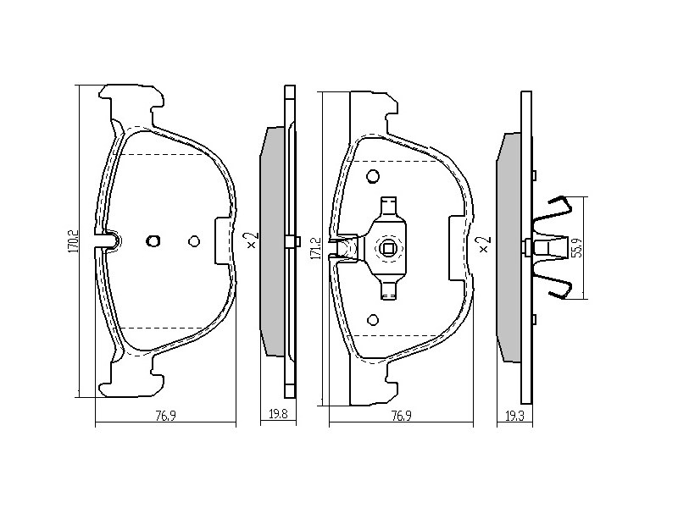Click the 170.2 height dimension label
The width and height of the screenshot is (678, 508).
(x=73, y=241)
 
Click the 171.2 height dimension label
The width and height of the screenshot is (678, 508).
(x=315, y=248)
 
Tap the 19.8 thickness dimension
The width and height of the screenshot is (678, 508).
(x=278, y=415)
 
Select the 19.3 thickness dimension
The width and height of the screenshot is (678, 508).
(x=514, y=416)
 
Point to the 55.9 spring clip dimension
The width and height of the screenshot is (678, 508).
(x=579, y=248)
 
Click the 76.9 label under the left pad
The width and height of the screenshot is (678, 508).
(x=165, y=416)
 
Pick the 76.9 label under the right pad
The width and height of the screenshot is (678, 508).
(x=401, y=416)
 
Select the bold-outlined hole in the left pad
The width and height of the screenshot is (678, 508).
(x=153, y=241)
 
